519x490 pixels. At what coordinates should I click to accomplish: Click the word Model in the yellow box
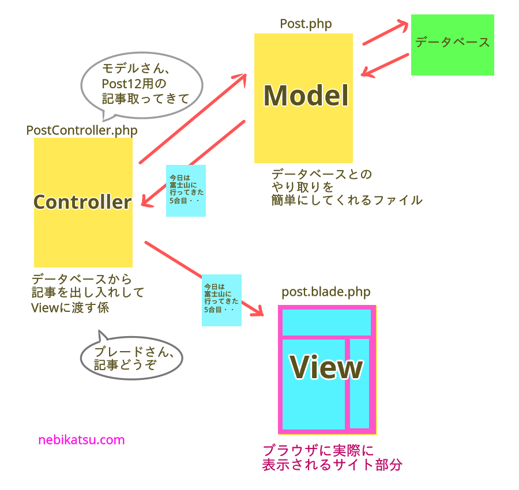(x=306, y=96)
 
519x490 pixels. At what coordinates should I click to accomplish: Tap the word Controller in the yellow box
(x=82, y=202)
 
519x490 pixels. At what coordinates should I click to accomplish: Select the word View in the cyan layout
(x=326, y=367)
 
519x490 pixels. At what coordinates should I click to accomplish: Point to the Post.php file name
(x=306, y=24)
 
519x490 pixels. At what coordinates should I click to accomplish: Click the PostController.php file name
(x=82, y=130)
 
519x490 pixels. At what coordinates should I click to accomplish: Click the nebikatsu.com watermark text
(x=81, y=440)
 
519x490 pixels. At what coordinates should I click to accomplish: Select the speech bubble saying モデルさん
(x=142, y=84)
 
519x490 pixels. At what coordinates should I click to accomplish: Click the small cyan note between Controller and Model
(x=186, y=190)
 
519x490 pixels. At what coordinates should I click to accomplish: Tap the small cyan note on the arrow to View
(x=221, y=300)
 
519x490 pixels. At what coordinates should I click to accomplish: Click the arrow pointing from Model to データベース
(x=385, y=33)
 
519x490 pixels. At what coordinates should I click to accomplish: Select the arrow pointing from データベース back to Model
(x=385, y=65)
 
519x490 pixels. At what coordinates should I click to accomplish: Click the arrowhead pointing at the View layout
(x=258, y=311)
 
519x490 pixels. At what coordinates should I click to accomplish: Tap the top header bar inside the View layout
(x=326, y=322)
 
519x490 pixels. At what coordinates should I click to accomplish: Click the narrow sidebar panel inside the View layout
(x=359, y=383)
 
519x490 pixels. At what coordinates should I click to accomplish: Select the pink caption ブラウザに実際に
(x=318, y=451)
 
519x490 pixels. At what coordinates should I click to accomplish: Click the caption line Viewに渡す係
(x=70, y=308)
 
